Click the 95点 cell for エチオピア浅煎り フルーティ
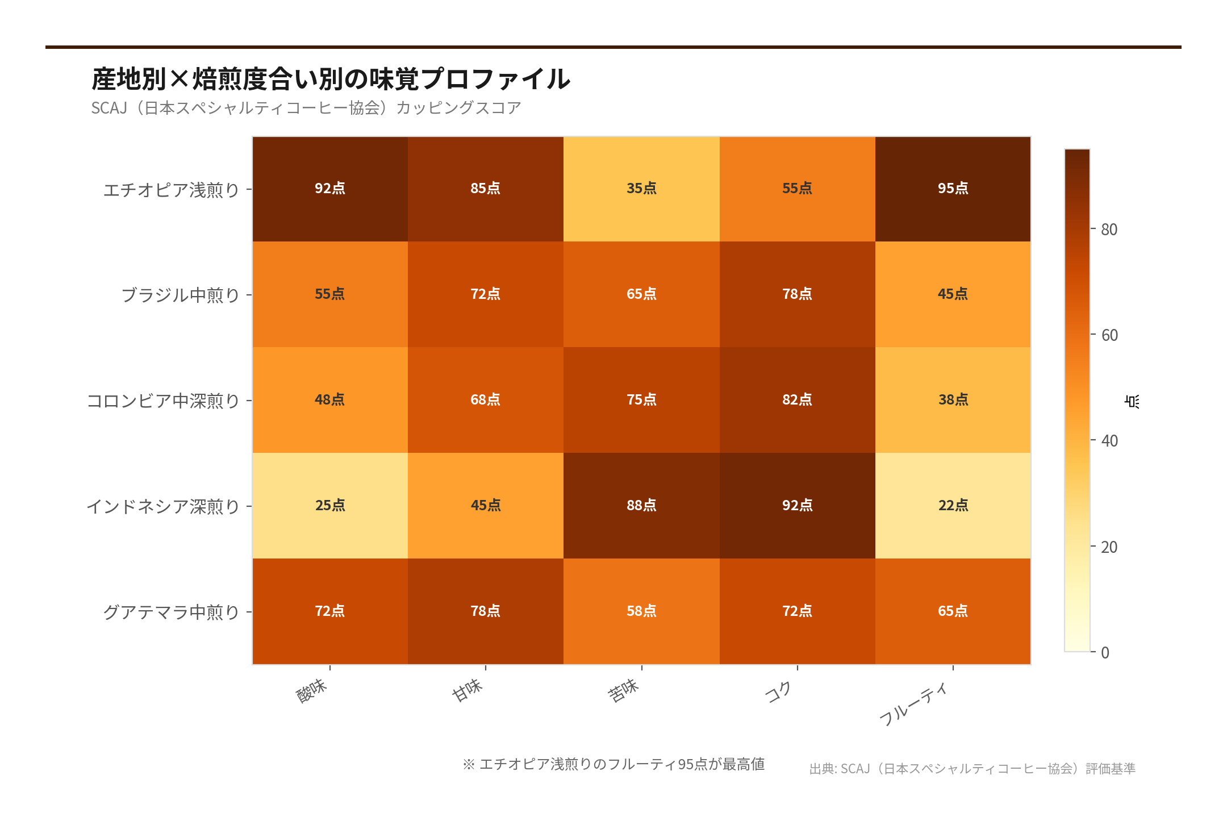click(953, 189)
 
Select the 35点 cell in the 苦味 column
click(641, 189)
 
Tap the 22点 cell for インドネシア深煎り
click(953, 505)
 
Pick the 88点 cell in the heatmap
click(641, 505)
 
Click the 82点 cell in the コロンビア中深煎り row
click(797, 399)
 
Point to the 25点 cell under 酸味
click(330, 505)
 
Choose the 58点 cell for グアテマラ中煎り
click(641, 611)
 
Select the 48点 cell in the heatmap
click(330, 399)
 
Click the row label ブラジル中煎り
click(181, 295)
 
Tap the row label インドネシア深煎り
click(163, 506)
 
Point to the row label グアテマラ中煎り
click(172, 612)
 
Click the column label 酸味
click(312, 691)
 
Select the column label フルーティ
click(913, 705)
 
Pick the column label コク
click(779, 692)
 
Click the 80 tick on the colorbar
click(1108, 230)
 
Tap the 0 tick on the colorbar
click(1104, 652)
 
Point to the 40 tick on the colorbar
click(1108, 441)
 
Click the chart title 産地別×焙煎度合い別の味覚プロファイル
click(331, 79)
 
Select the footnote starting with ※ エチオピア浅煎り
click(613, 764)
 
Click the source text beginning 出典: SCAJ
click(972, 769)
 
